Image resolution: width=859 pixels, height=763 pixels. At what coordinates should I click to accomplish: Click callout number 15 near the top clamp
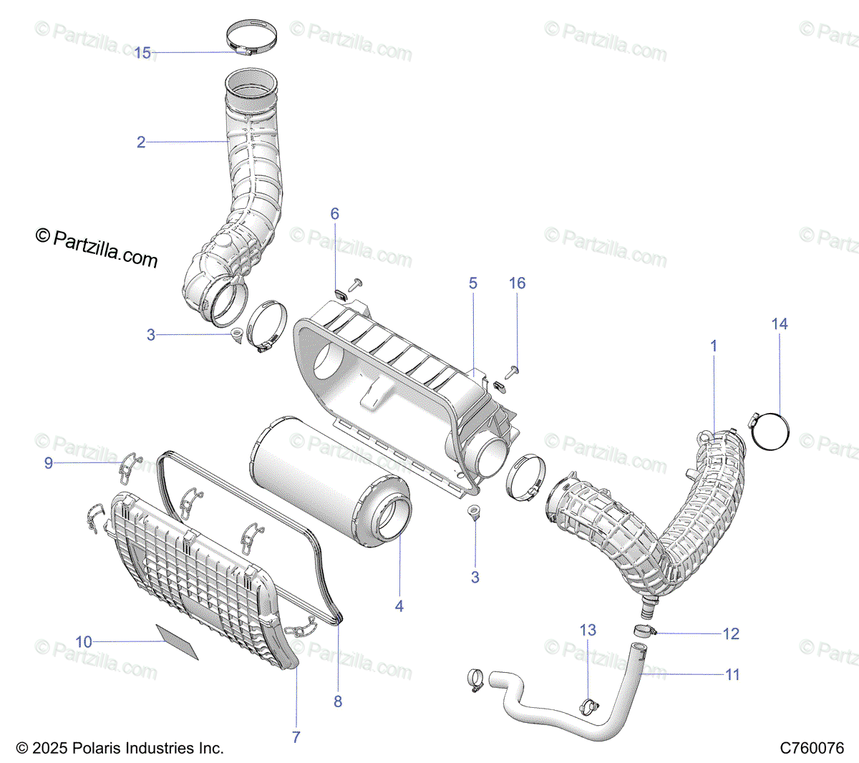pos(142,53)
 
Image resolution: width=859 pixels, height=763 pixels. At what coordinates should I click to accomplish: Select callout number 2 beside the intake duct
pos(141,142)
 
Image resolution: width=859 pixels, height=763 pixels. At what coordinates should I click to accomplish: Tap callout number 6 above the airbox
pos(334,213)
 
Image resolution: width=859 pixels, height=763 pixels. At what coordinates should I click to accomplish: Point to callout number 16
pos(517,283)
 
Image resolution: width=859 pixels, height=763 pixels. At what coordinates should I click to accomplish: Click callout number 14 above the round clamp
pos(780,324)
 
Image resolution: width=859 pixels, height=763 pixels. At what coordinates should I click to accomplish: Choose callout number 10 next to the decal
pos(84,641)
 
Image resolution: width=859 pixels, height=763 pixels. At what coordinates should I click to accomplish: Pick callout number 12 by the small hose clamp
pos(731,633)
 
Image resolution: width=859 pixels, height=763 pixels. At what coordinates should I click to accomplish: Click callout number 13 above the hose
pos(588,630)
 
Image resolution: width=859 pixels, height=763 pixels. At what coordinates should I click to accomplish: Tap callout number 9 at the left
pos(49,463)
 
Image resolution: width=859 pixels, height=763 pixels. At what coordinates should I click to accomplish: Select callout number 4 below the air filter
pos(399,606)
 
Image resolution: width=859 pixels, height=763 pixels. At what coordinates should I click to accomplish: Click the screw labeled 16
pos(512,371)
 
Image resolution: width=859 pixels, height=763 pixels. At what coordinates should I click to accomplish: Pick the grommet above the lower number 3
pos(473,511)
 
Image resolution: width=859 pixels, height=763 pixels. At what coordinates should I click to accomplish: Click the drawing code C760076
pos(812,748)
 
